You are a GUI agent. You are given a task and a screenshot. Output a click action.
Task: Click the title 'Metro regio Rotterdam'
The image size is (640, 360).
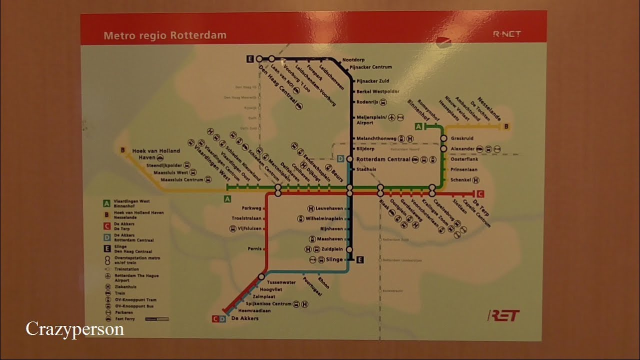coord(164,35)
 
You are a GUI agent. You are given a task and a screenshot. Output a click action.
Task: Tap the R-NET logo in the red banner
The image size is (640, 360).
coord(506,34)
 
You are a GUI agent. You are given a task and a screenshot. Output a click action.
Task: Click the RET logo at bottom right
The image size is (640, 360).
coord(503,315)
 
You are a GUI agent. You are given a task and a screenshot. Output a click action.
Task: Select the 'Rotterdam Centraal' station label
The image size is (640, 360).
coord(383,159)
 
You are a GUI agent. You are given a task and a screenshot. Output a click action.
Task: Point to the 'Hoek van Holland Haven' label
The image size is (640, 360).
coord(155,154)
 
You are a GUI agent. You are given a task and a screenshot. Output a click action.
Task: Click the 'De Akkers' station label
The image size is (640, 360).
coord(244,318)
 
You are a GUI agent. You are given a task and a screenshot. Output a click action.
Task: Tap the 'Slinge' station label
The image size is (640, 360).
coord(334,259)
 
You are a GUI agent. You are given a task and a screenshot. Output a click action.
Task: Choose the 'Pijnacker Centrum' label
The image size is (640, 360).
coord(370,67)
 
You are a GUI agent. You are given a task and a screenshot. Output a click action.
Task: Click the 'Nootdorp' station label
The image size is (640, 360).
coord(353,60)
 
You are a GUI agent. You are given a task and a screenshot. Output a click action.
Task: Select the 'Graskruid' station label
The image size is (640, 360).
coord(462,138)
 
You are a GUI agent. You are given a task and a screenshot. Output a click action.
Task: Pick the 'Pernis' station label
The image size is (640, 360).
coord(254,248)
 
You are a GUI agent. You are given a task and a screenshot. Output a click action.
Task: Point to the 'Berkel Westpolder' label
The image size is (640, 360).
coord(378,91)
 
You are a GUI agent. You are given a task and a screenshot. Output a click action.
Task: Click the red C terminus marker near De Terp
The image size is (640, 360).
coord(480,194)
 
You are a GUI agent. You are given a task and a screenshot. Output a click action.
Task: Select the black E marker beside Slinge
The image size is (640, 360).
coord(360,259)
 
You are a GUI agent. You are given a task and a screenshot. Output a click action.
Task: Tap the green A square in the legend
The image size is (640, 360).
coord(106,203)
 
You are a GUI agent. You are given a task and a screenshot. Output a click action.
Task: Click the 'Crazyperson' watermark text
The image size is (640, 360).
coord(75,329)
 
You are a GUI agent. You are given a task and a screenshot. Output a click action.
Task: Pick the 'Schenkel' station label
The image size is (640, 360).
coord(460,180)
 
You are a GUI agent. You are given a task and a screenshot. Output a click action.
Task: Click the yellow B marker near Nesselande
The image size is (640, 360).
coord(506,126)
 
